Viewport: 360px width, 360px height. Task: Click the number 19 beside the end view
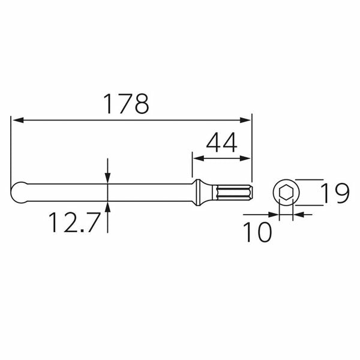coord(334,194)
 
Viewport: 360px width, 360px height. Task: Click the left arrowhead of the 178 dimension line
coord(17,121)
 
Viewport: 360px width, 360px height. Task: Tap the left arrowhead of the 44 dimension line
coord(197,159)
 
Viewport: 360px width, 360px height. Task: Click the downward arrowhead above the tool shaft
coord(107,178)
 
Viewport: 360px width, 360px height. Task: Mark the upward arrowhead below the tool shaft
coord(107,208)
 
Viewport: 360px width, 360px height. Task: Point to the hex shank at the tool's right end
coord(237,192)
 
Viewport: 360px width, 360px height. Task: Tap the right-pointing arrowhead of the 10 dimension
coord(273,213)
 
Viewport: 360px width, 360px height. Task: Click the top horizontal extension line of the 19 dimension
coord(309,179)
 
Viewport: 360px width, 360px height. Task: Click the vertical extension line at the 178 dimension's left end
coord(11,150)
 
